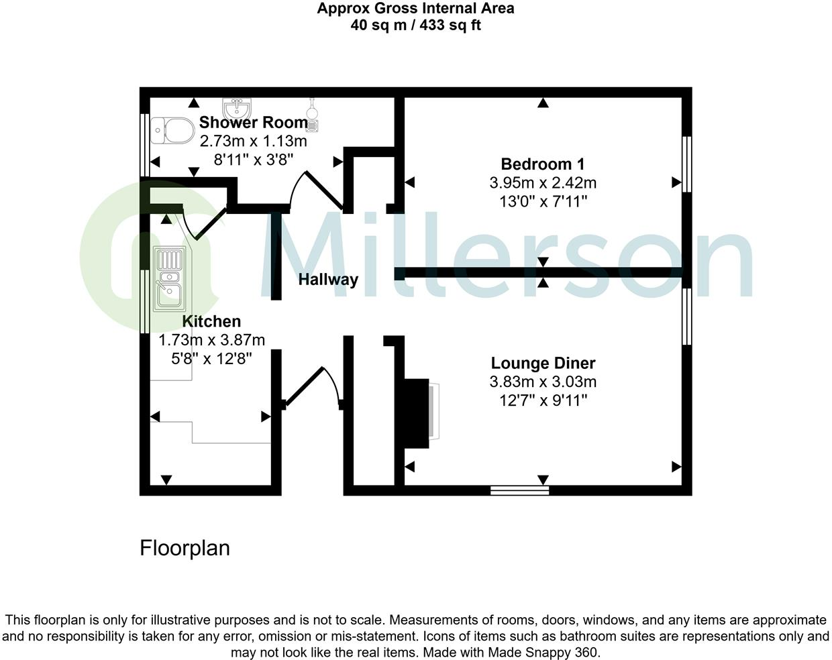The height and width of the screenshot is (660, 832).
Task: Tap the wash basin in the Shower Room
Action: [236, 108]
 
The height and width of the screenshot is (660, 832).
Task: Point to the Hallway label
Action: [328, 279]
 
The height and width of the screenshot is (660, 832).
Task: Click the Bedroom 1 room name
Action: [542, 164]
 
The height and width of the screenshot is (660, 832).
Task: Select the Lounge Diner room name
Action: [543, 363]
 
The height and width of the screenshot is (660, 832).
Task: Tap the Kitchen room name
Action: [211, 321]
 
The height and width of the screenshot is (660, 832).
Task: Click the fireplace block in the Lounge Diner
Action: [416, 412]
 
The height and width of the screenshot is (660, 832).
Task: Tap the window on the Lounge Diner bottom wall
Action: [519, 490]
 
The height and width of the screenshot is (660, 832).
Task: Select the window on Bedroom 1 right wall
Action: [686, 164]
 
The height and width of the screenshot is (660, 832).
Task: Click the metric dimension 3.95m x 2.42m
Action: [543, 182]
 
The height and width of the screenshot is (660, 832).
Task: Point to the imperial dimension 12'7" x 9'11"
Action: [543, 400]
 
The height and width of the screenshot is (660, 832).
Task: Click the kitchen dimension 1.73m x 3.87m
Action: [211, 340]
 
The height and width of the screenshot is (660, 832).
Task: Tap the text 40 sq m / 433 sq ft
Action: [415, 25]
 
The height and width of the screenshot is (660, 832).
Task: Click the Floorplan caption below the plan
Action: [185, 548]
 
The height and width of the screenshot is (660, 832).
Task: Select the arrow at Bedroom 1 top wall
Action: [543, 103]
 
